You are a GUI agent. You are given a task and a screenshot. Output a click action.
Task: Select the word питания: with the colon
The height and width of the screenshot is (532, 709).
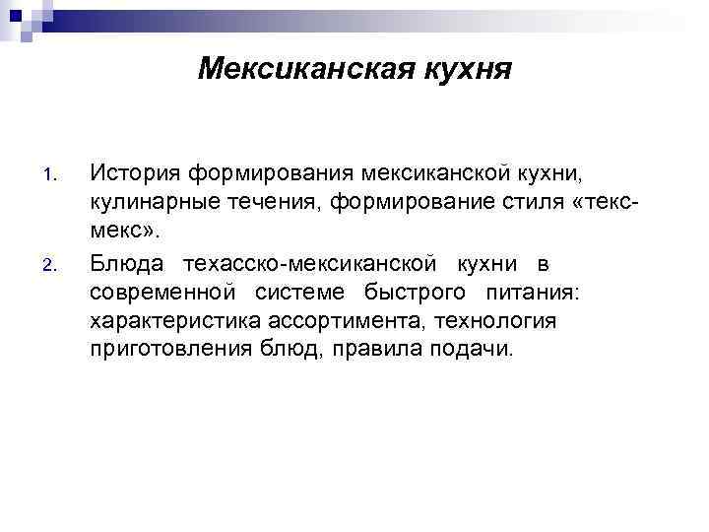[x=540, y=293]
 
